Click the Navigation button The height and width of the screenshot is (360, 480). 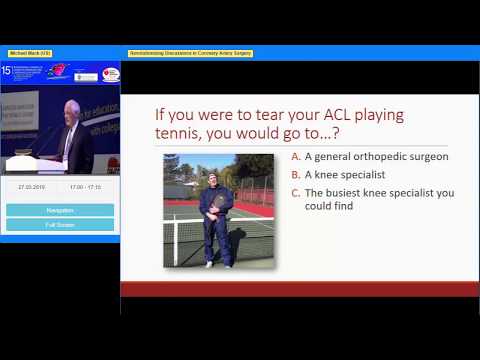pos(60,209)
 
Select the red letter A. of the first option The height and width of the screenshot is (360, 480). pos(295,157)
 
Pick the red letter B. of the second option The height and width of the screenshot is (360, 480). pos(295,174)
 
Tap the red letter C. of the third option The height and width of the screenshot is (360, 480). pos(295,192)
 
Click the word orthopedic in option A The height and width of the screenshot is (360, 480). pos(379,157)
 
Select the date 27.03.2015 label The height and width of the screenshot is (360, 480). pos(32,187)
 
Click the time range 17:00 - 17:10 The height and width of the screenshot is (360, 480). pos(85,187)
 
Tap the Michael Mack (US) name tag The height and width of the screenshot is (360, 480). pos(30,52)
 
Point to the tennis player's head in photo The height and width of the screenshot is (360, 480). pos(212,180)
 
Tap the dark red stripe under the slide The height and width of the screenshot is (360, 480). pos(300,288)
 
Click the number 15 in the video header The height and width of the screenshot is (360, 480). pos(8,71)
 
